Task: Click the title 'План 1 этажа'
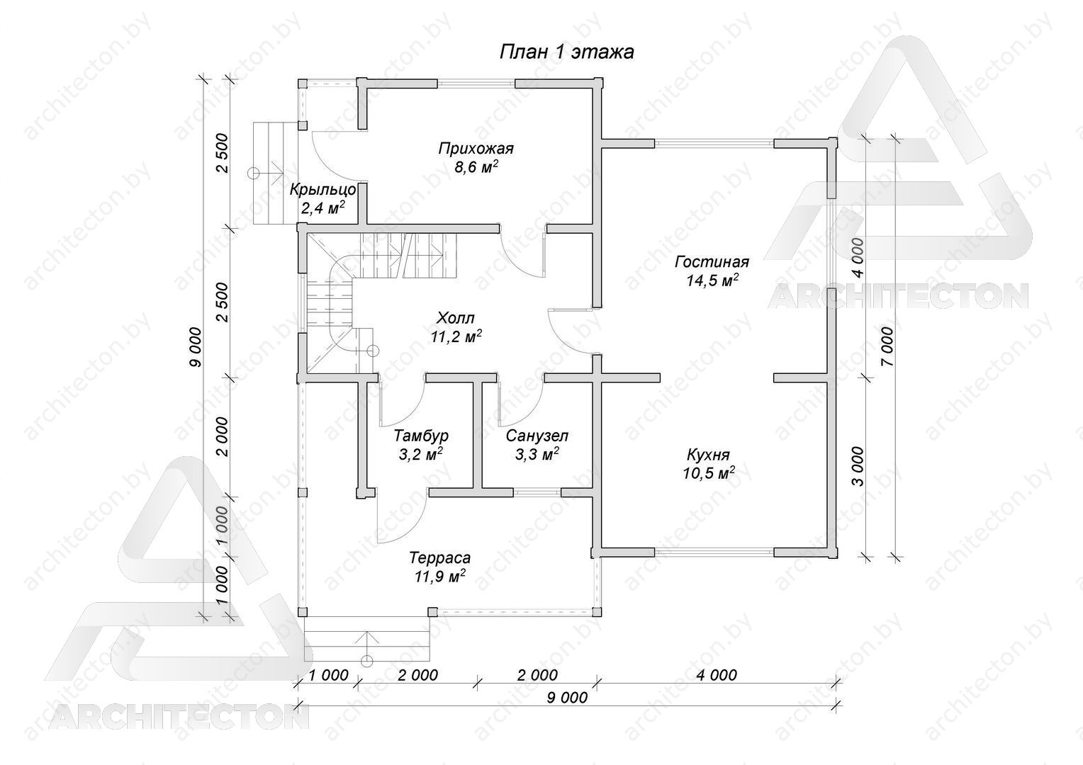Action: point(566,52)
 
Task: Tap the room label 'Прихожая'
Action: point(476,148)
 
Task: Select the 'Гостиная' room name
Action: point(712,262)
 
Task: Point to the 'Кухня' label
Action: point(708,455)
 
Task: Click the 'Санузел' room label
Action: point(537,436)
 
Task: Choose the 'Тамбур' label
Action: point(420,436)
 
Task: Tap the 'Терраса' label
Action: point(439,557)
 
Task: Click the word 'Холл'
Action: point(456,318)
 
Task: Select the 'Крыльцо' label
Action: point(322,190)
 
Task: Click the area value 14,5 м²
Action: point(712,280)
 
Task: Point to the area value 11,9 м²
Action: point(440,577)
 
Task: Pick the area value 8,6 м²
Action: point(476,167)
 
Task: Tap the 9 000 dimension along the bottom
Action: point(567,698)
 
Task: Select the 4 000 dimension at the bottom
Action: point(717,675)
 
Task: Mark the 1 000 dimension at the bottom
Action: point(327,675)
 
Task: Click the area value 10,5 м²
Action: point(709,474)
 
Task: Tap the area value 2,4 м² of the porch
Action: point(323,209)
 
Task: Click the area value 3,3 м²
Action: point(537,455)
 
